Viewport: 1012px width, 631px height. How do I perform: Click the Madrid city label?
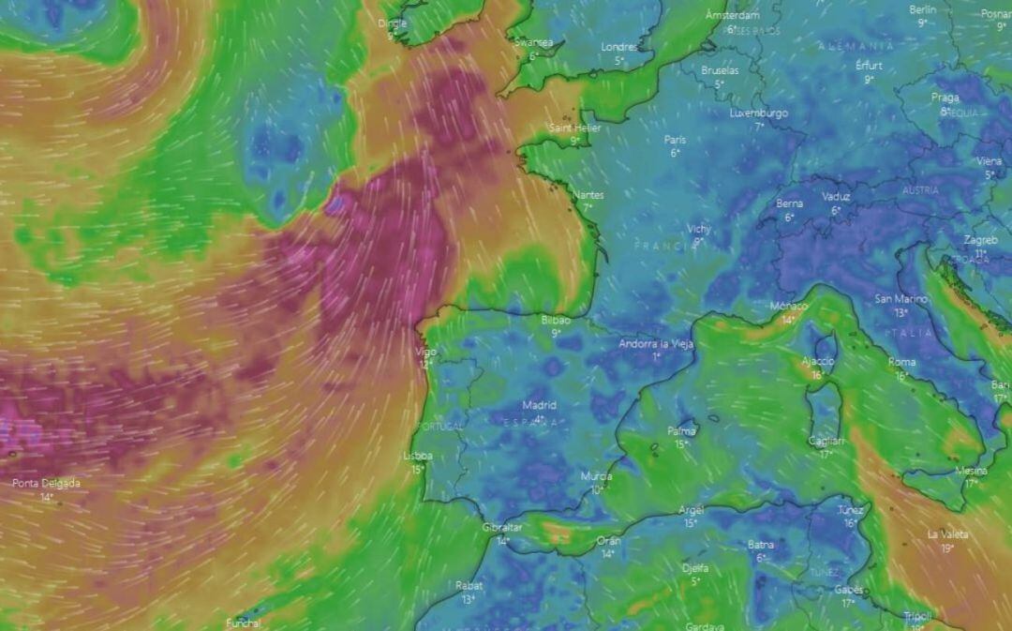pos(539,406)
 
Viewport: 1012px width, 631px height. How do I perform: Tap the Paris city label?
pos(675,140)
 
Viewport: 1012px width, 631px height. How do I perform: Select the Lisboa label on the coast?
pos(417,456)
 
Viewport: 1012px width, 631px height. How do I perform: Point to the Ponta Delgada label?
pos(46,484)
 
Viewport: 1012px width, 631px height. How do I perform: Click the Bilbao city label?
pos(556,320)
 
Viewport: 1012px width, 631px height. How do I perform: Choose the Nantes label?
pos(588,195)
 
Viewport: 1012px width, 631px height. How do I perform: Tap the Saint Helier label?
pos(574,128)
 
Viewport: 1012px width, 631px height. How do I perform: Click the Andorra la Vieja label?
pos(656,344)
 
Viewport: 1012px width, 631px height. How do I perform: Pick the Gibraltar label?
pos(502,528)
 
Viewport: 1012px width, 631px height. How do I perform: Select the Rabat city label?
pos(469,586)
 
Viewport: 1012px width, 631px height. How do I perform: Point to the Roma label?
pos(901,362)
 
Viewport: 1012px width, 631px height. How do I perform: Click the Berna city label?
pos(789,203)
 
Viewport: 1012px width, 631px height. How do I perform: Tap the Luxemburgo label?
pos(759,113)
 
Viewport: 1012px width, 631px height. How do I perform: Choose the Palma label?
pos(681,431)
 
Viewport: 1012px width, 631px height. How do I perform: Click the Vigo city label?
pos(425,352)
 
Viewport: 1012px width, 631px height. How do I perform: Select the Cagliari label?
pos(826,441)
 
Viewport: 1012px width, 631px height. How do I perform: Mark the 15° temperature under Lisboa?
pos(418,469)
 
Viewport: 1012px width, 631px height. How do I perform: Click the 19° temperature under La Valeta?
pos(947,548)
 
